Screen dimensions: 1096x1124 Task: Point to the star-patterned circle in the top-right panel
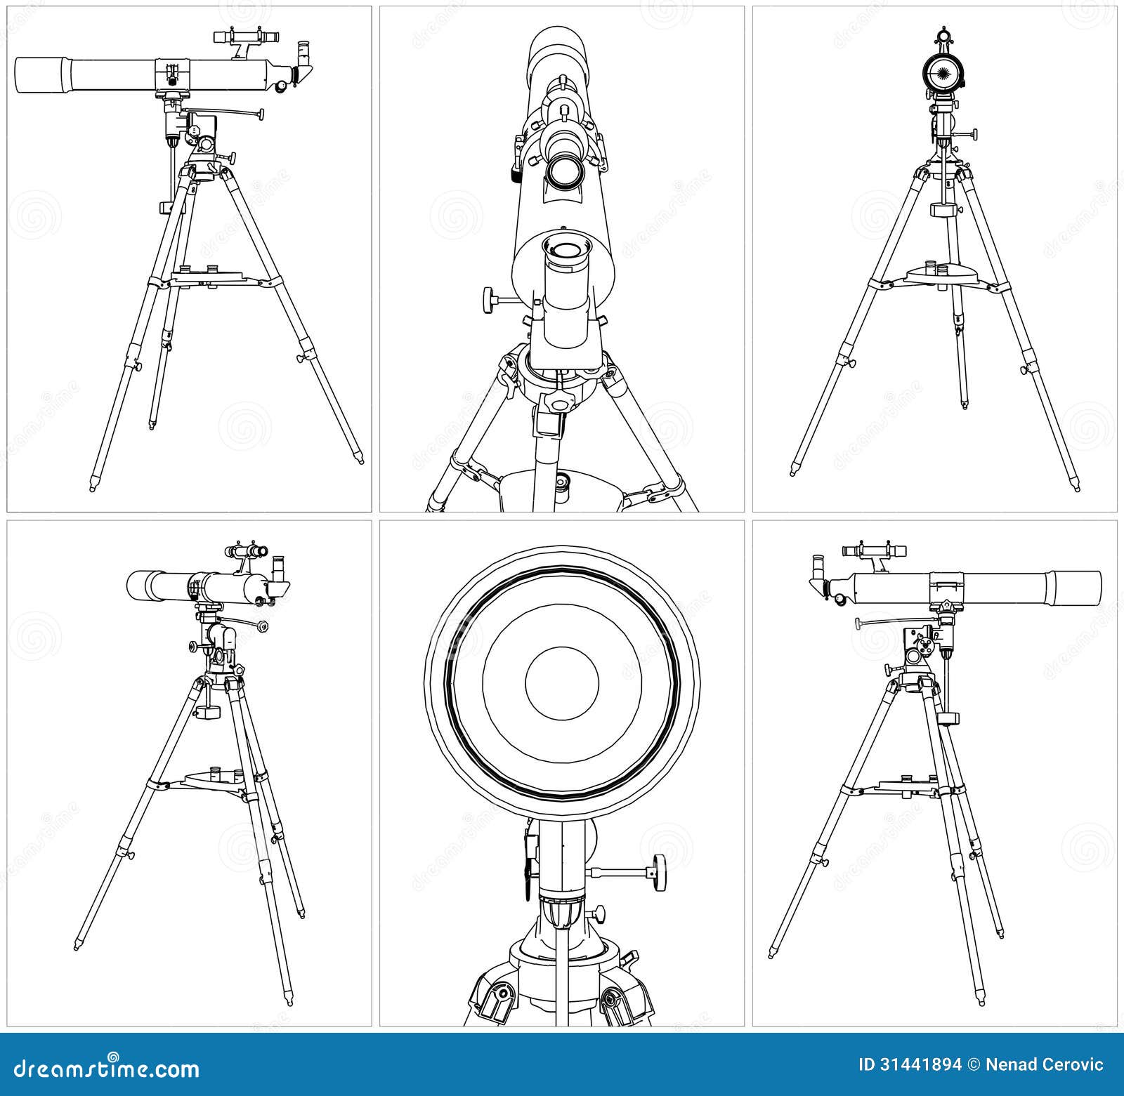click(x=941, y=70)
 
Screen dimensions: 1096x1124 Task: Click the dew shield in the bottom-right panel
click(x=1073, y=587)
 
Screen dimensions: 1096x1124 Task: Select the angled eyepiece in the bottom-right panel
click(x=818, y=569)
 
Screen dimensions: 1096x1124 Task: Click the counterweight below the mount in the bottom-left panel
click(x=208, y=711)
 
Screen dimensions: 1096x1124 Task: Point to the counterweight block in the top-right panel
click(x=941, y=210)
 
